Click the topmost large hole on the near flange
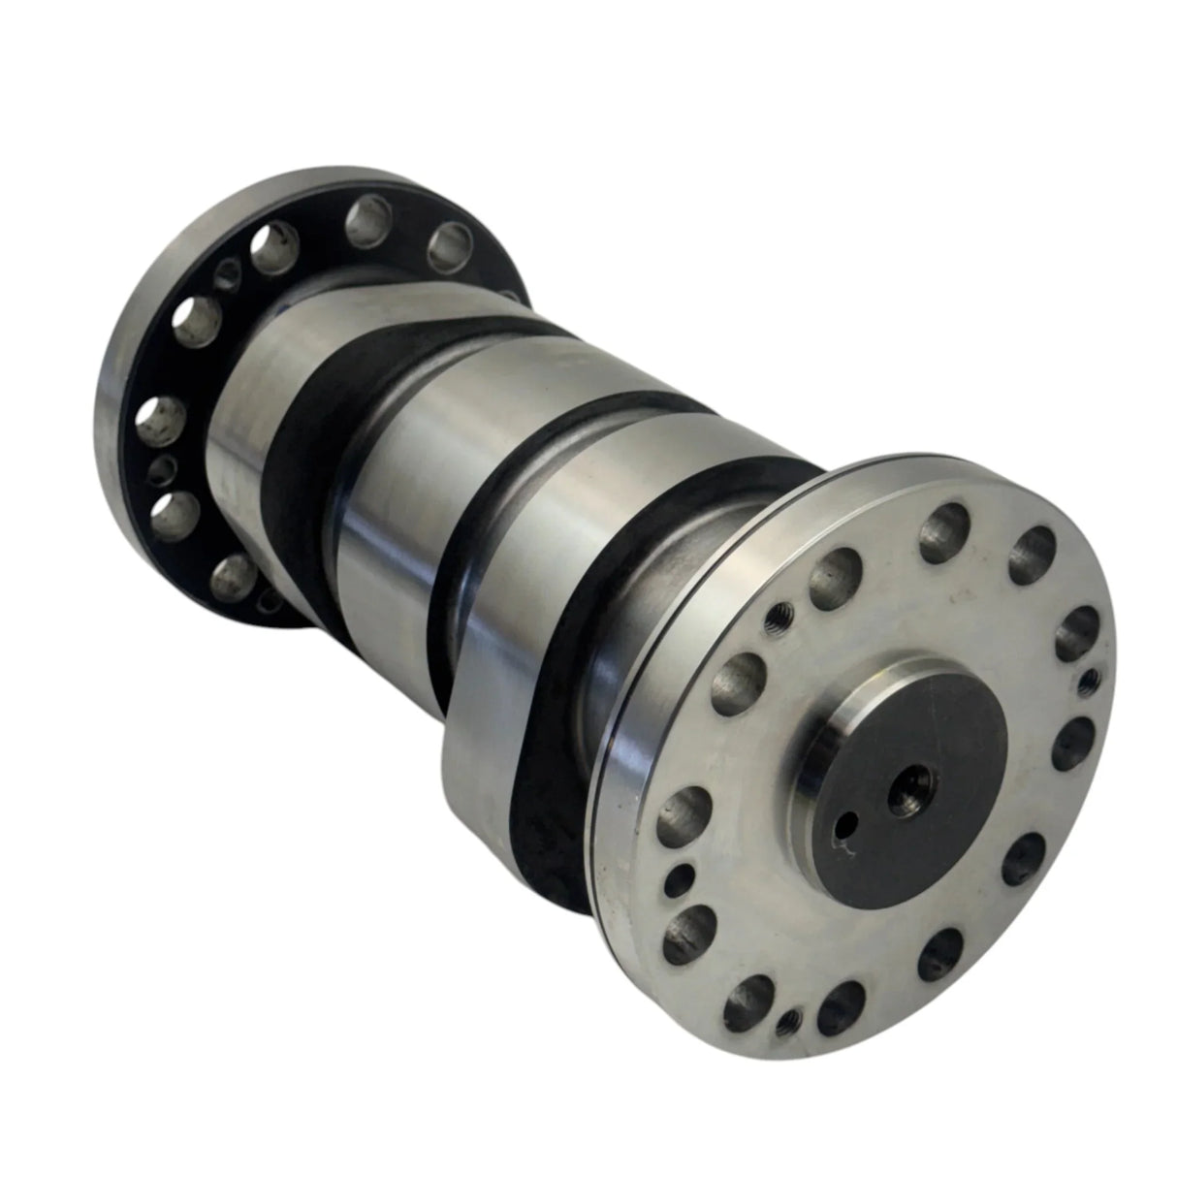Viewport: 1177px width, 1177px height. point(940,530)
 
